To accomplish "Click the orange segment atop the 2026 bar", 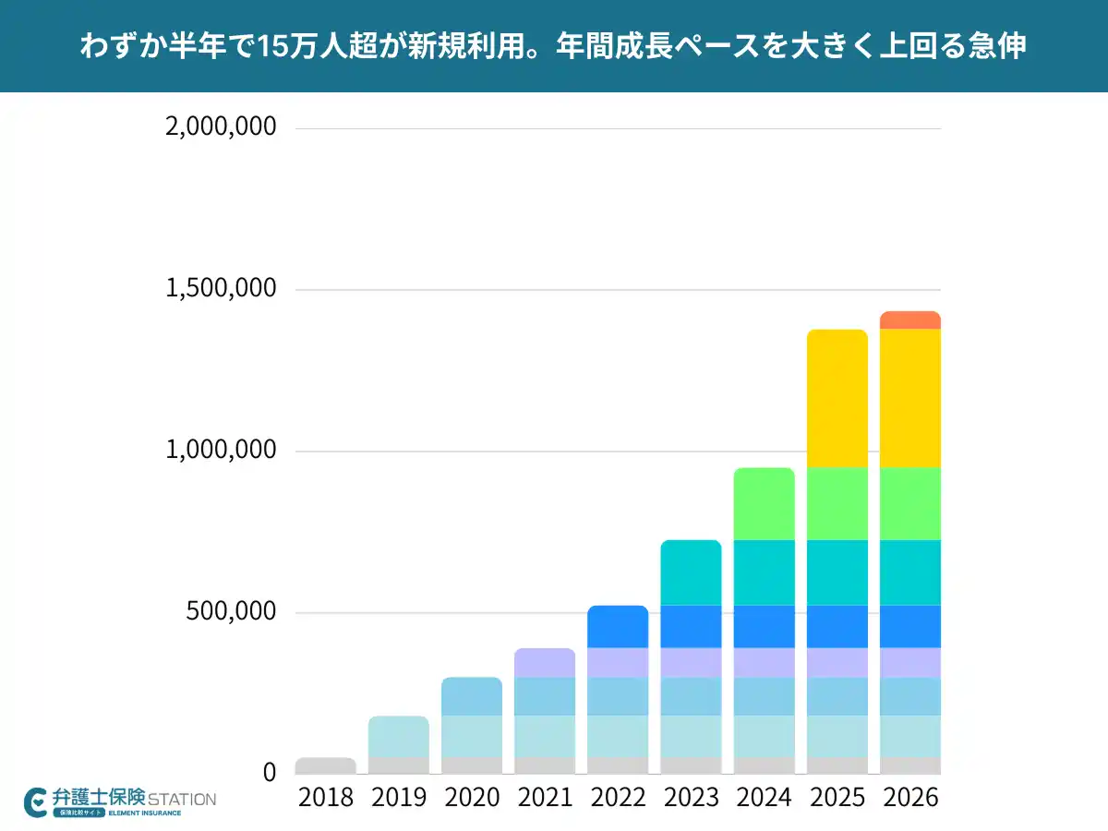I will pyautogui.click(x=909, y=320).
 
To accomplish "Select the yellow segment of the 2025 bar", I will pyautogui.click(x=837, y=398).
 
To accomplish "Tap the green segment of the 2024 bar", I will pyautogui.click(x=764, y=503).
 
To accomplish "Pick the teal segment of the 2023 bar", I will pyautogui.click(x=691, y=572).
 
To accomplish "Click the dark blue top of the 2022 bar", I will pyautogui.click(x=618, y=626).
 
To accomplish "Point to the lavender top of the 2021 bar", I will pyautogui.click(x=545, y=663).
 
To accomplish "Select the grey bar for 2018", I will pyautogui.click(x=325, y=765).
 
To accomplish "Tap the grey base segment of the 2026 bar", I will pyautogui.click(x=909, y=765).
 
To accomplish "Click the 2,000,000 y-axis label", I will pyautogui.click(x=221, y=126).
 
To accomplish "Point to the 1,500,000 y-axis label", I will pyautogui.click(x=221, y=289).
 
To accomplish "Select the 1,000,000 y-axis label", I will pyautogui.click(x=221, y=451).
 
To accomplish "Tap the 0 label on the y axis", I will pyautogui.click(x=269, y=772).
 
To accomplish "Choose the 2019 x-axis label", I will pyautogui.click(x=399, y=798).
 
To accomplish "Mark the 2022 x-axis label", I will pyautogui.click(x=618, y=798).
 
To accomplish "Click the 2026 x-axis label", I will pyautogui.click(x=910, y=798).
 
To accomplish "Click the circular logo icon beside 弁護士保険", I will pyautogui.click(x=36, y=801).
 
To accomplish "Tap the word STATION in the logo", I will pyautogui.click(x=182, y=799).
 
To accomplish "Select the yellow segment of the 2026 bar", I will pyautogui.click(x=909, y=398).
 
